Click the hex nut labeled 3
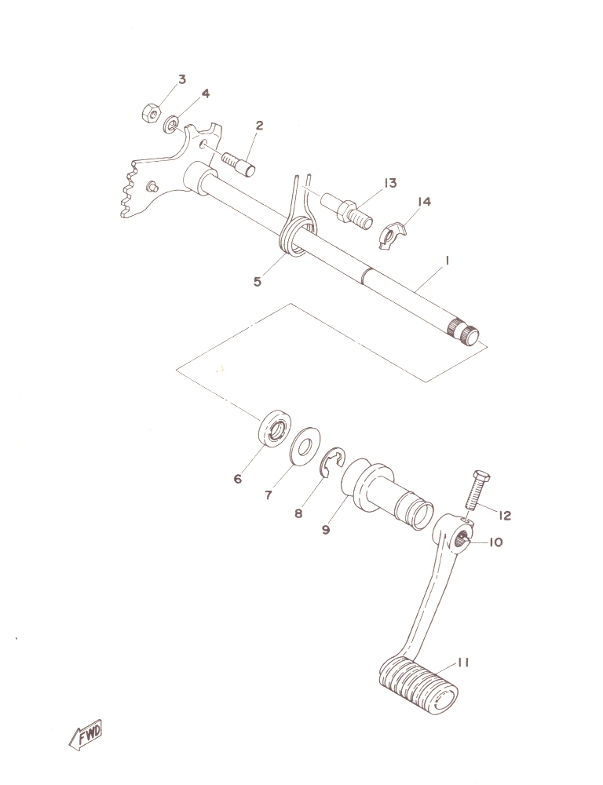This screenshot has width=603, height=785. [151, 113]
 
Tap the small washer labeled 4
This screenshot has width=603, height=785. [172, 124]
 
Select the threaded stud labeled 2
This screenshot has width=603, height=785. [238, 164]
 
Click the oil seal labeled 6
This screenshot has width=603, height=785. [273, 429]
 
